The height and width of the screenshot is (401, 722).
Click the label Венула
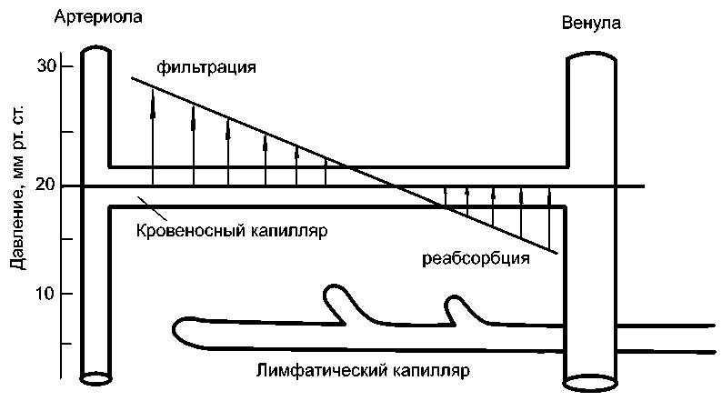point(591,25)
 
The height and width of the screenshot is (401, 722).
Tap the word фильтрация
point(206,67)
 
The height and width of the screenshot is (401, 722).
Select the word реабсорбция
point(476,257)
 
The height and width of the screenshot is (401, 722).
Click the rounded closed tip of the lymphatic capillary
point(179,331)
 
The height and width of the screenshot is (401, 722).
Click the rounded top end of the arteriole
point(95,51)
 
